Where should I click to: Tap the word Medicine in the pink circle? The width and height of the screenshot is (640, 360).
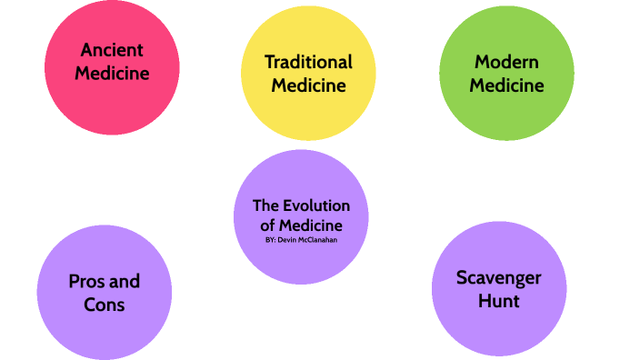(113, 74)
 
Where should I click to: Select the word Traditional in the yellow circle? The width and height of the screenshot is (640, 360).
(308, 62)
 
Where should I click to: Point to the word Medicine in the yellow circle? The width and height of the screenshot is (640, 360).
(308, 86)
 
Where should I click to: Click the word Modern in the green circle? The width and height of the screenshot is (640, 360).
(506, 62)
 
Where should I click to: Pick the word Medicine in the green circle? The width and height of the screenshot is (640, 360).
(506, 86)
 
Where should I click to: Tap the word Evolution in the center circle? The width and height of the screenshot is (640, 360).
(319, 205)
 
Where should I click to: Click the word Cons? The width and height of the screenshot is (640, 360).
(104, 305)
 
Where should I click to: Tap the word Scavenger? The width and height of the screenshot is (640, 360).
(499, 277)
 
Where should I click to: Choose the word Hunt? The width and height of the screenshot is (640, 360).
(499, 301)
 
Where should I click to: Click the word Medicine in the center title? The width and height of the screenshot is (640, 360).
(310, 225)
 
